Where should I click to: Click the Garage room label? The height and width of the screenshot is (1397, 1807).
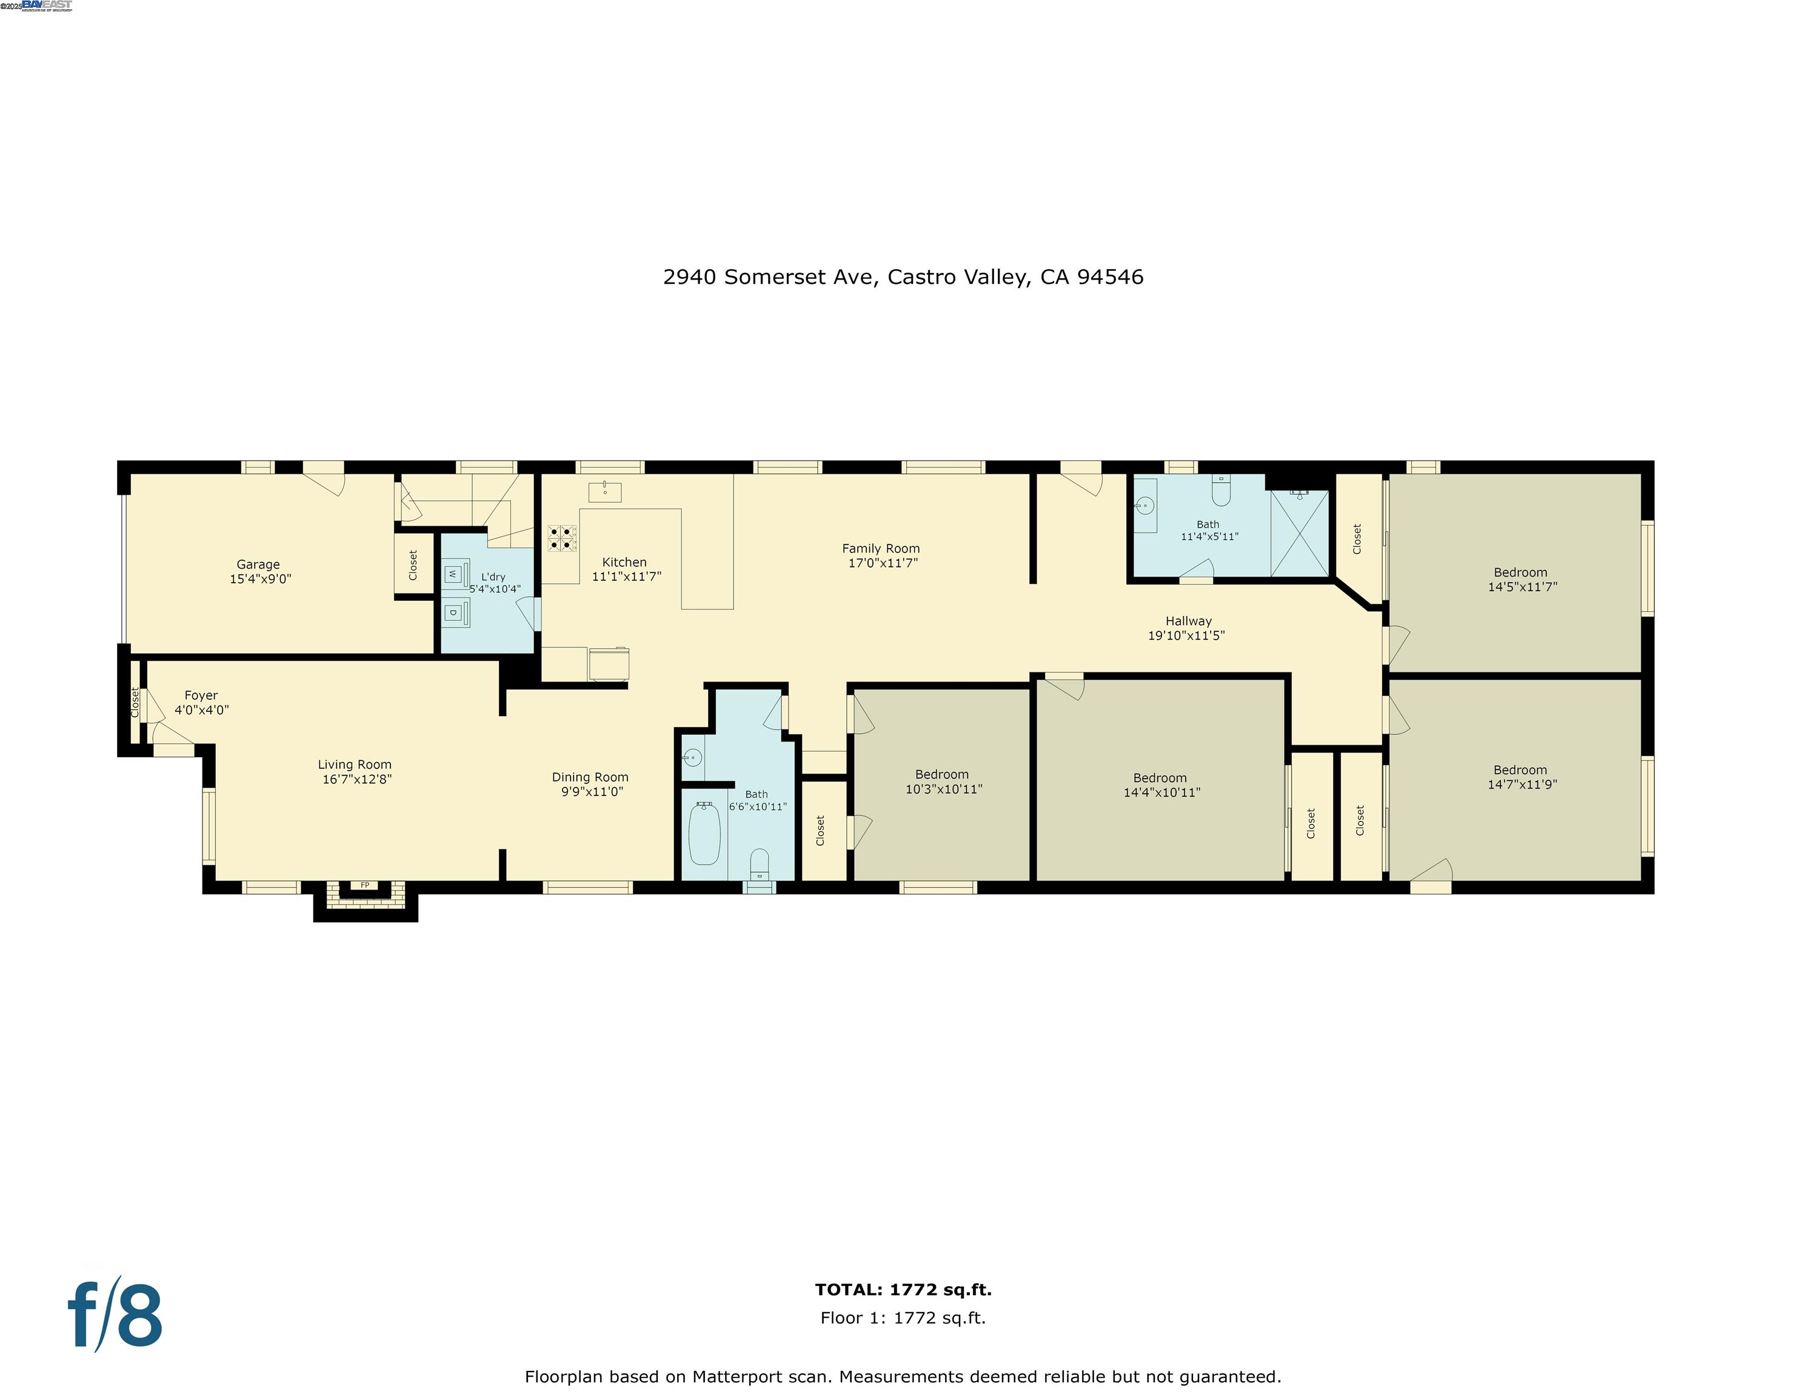(x=258, y=564)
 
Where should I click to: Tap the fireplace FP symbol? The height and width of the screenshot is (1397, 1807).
(x=365, y=885)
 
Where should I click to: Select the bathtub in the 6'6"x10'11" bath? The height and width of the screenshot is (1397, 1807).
(x=704, y=833)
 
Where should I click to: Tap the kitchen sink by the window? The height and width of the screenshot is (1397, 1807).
(x=605, y=492)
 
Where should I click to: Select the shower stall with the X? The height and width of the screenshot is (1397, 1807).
(x=1300, y=534)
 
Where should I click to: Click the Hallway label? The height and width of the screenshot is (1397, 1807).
(x=1188, y=621)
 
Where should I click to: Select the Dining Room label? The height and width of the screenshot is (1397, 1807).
(x=590, y=777)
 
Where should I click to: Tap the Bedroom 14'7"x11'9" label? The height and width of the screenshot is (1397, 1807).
(x=1521, y=777)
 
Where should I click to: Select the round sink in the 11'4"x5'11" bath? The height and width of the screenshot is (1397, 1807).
(x=1145, y=505)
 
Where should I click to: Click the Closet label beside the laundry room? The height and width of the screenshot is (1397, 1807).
(x=413, y=564)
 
